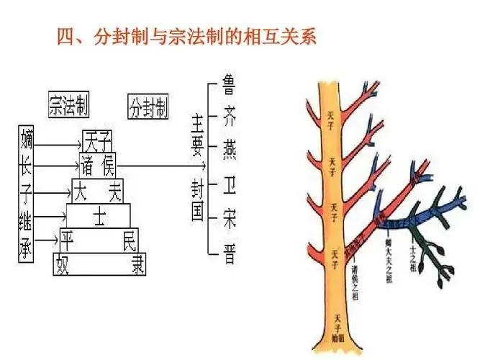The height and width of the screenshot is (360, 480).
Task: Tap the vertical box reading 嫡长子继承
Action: [x=27, y=193]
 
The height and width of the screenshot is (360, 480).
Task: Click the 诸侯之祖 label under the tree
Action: [x=356, y=282]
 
